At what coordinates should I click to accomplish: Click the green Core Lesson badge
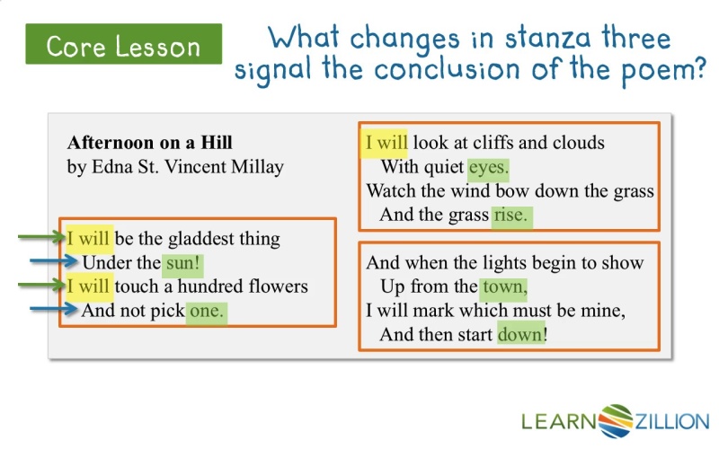tap(124, 44)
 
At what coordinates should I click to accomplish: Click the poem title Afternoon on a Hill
tap(149, 143)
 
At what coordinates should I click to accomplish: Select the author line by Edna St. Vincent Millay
tap(175, 167)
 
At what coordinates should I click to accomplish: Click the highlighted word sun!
tap(183, 263)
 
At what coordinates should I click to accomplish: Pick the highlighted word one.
tap(207, 311)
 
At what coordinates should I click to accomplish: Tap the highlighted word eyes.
tap(488, 167)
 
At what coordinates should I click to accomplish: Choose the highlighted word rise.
tap(511, 216)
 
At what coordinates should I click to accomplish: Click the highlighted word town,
tap(503, 286)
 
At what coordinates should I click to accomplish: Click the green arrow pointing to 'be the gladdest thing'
tap(41, 237)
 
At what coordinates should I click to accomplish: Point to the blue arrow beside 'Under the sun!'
tap(53, 261)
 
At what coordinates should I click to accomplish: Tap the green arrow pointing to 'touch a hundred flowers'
tap(41, 285)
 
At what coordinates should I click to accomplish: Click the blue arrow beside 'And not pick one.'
tap(53, 309)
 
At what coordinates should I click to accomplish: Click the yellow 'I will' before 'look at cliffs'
tap(384, 144)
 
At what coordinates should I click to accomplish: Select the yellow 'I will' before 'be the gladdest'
tap(89, 239)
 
